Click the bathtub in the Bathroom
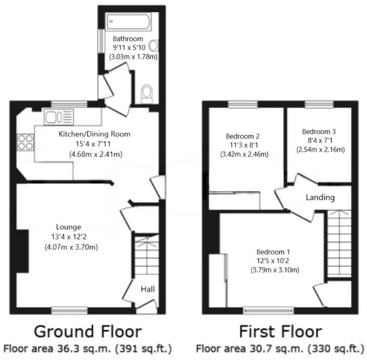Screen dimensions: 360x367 coord(129,22)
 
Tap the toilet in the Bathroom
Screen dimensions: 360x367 coord(147,93)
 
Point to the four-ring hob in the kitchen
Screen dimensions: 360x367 coord(25,142)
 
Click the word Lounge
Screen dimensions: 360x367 coord(69,227)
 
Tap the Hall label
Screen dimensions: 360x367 coord(148,289)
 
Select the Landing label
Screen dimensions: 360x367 coord(320,198)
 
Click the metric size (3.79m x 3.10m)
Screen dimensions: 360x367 coord(275,270)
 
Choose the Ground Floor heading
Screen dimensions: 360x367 coord(87,331)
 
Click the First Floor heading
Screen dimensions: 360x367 coord(280,331)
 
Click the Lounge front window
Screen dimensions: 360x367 coord(69,310)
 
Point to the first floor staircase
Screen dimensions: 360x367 coord(338,243)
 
